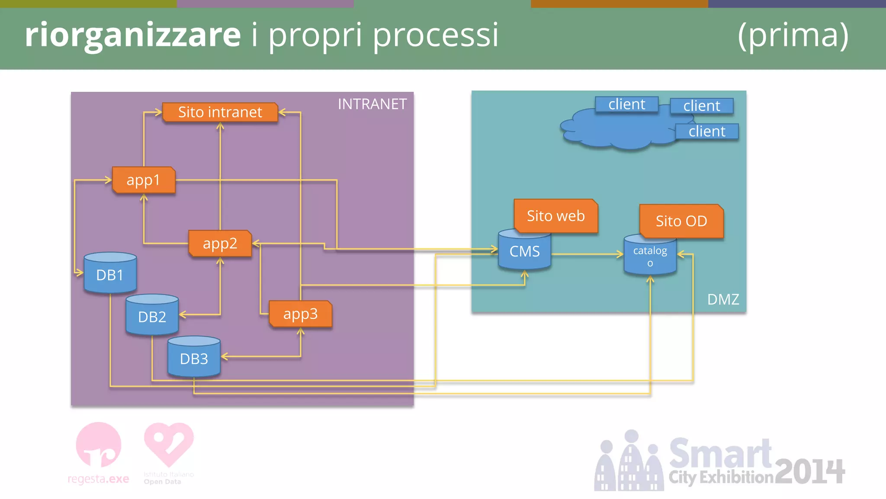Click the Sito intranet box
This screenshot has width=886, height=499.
point(220,112)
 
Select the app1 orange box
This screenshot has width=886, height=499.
point(144,180)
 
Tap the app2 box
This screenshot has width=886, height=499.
point(220,243)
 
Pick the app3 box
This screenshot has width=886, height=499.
point(300,314)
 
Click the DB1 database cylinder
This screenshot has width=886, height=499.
point(110,275)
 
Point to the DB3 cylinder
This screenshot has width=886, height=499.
point(194,359)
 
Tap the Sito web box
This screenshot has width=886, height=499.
point(555,216)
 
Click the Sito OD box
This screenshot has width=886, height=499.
point(681,221)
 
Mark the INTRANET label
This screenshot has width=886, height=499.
point(372,104)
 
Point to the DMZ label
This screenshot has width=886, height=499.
point(723,299)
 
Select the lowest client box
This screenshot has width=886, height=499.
point(707,131)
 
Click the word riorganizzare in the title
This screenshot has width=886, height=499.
point(132,35)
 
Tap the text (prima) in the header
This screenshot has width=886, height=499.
point(793,35)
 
